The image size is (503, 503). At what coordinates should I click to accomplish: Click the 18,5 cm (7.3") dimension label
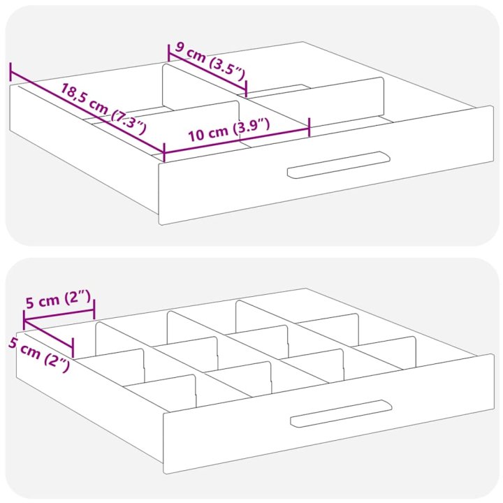click(103, 109)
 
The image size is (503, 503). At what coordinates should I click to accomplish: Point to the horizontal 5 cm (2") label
click(58, 302)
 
